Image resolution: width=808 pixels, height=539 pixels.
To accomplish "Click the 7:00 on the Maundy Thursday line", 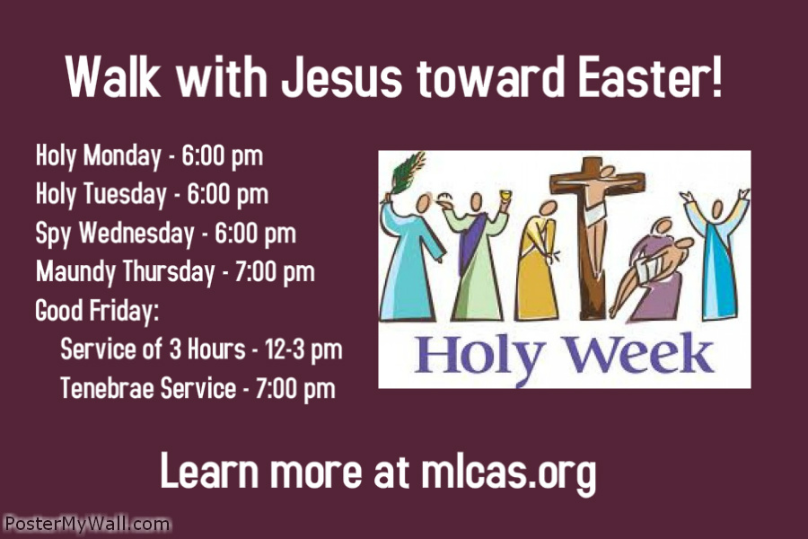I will click(x=254, y=271).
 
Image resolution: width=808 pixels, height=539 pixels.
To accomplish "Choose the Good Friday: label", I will click(x=97, y=311).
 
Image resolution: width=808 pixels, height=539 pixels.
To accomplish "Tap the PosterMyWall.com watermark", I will click(x=86, y=524).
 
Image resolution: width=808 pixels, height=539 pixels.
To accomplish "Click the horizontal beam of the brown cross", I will click(x=596, y=183).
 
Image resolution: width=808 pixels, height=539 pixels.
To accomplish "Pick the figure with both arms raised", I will click(x=715, y=252).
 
